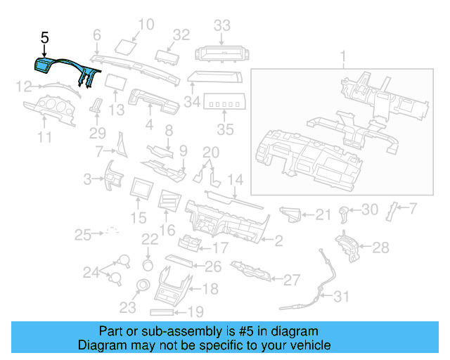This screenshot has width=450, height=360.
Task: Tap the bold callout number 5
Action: (x=44, y=39)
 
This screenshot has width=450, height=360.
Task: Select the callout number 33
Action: (x=222, y=27)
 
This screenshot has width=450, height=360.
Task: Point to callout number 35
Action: (x=225, y=129)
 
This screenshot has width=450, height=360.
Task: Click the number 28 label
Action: (x=380, y=247)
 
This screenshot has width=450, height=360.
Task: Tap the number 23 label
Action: (x=127, y=307)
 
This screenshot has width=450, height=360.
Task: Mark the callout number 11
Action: (x=44, y=139)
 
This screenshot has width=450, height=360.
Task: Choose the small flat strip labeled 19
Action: (x=167, y=311)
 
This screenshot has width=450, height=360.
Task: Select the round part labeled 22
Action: (x=148, y=264)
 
